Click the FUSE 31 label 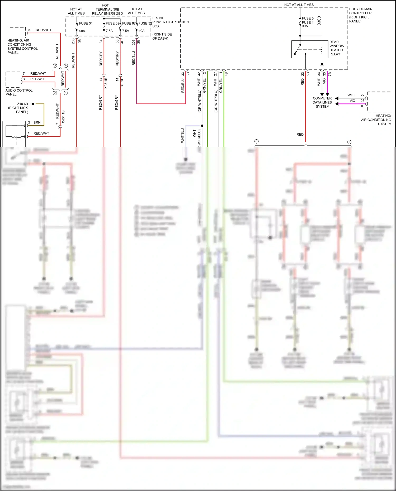[86, 23]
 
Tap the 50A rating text [82, 31]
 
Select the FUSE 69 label [112, 23]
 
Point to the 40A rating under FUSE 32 [142, 31]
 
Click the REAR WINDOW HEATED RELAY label [337, 48]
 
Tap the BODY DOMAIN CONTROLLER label [360, 15]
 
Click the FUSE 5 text [308, 18]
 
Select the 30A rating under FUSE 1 [305, 26]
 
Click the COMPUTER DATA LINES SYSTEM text [322, 102]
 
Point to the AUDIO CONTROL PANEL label [19, 92]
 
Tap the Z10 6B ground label [22, 104]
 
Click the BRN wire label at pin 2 [37, 123]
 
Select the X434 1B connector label [63, 117]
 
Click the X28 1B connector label [106, 83]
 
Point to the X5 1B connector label [122, 82]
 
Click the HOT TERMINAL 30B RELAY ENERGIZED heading [107, 9]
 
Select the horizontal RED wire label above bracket [300, 135]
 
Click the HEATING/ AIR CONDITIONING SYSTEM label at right [376, 120]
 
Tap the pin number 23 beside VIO [362, 101]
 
